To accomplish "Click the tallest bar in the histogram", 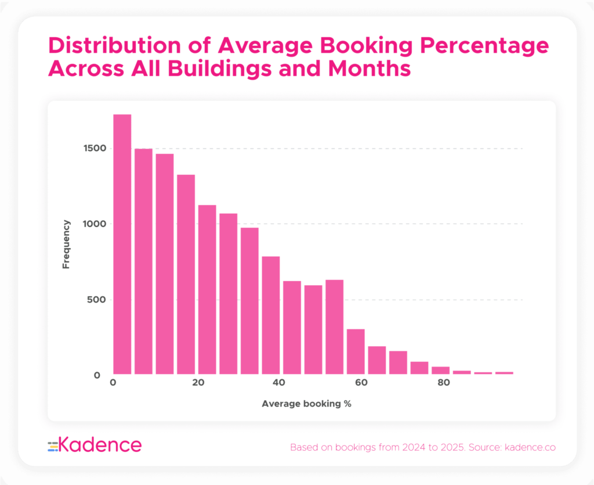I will coord(122,244).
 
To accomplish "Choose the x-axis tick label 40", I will coord(280,383).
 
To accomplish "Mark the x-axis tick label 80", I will coord(444,383).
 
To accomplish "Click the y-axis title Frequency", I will coord(66,244).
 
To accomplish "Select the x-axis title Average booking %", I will coord(306,403).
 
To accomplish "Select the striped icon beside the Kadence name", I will coord(53,446).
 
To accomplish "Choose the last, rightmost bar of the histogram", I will coord(504,373).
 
